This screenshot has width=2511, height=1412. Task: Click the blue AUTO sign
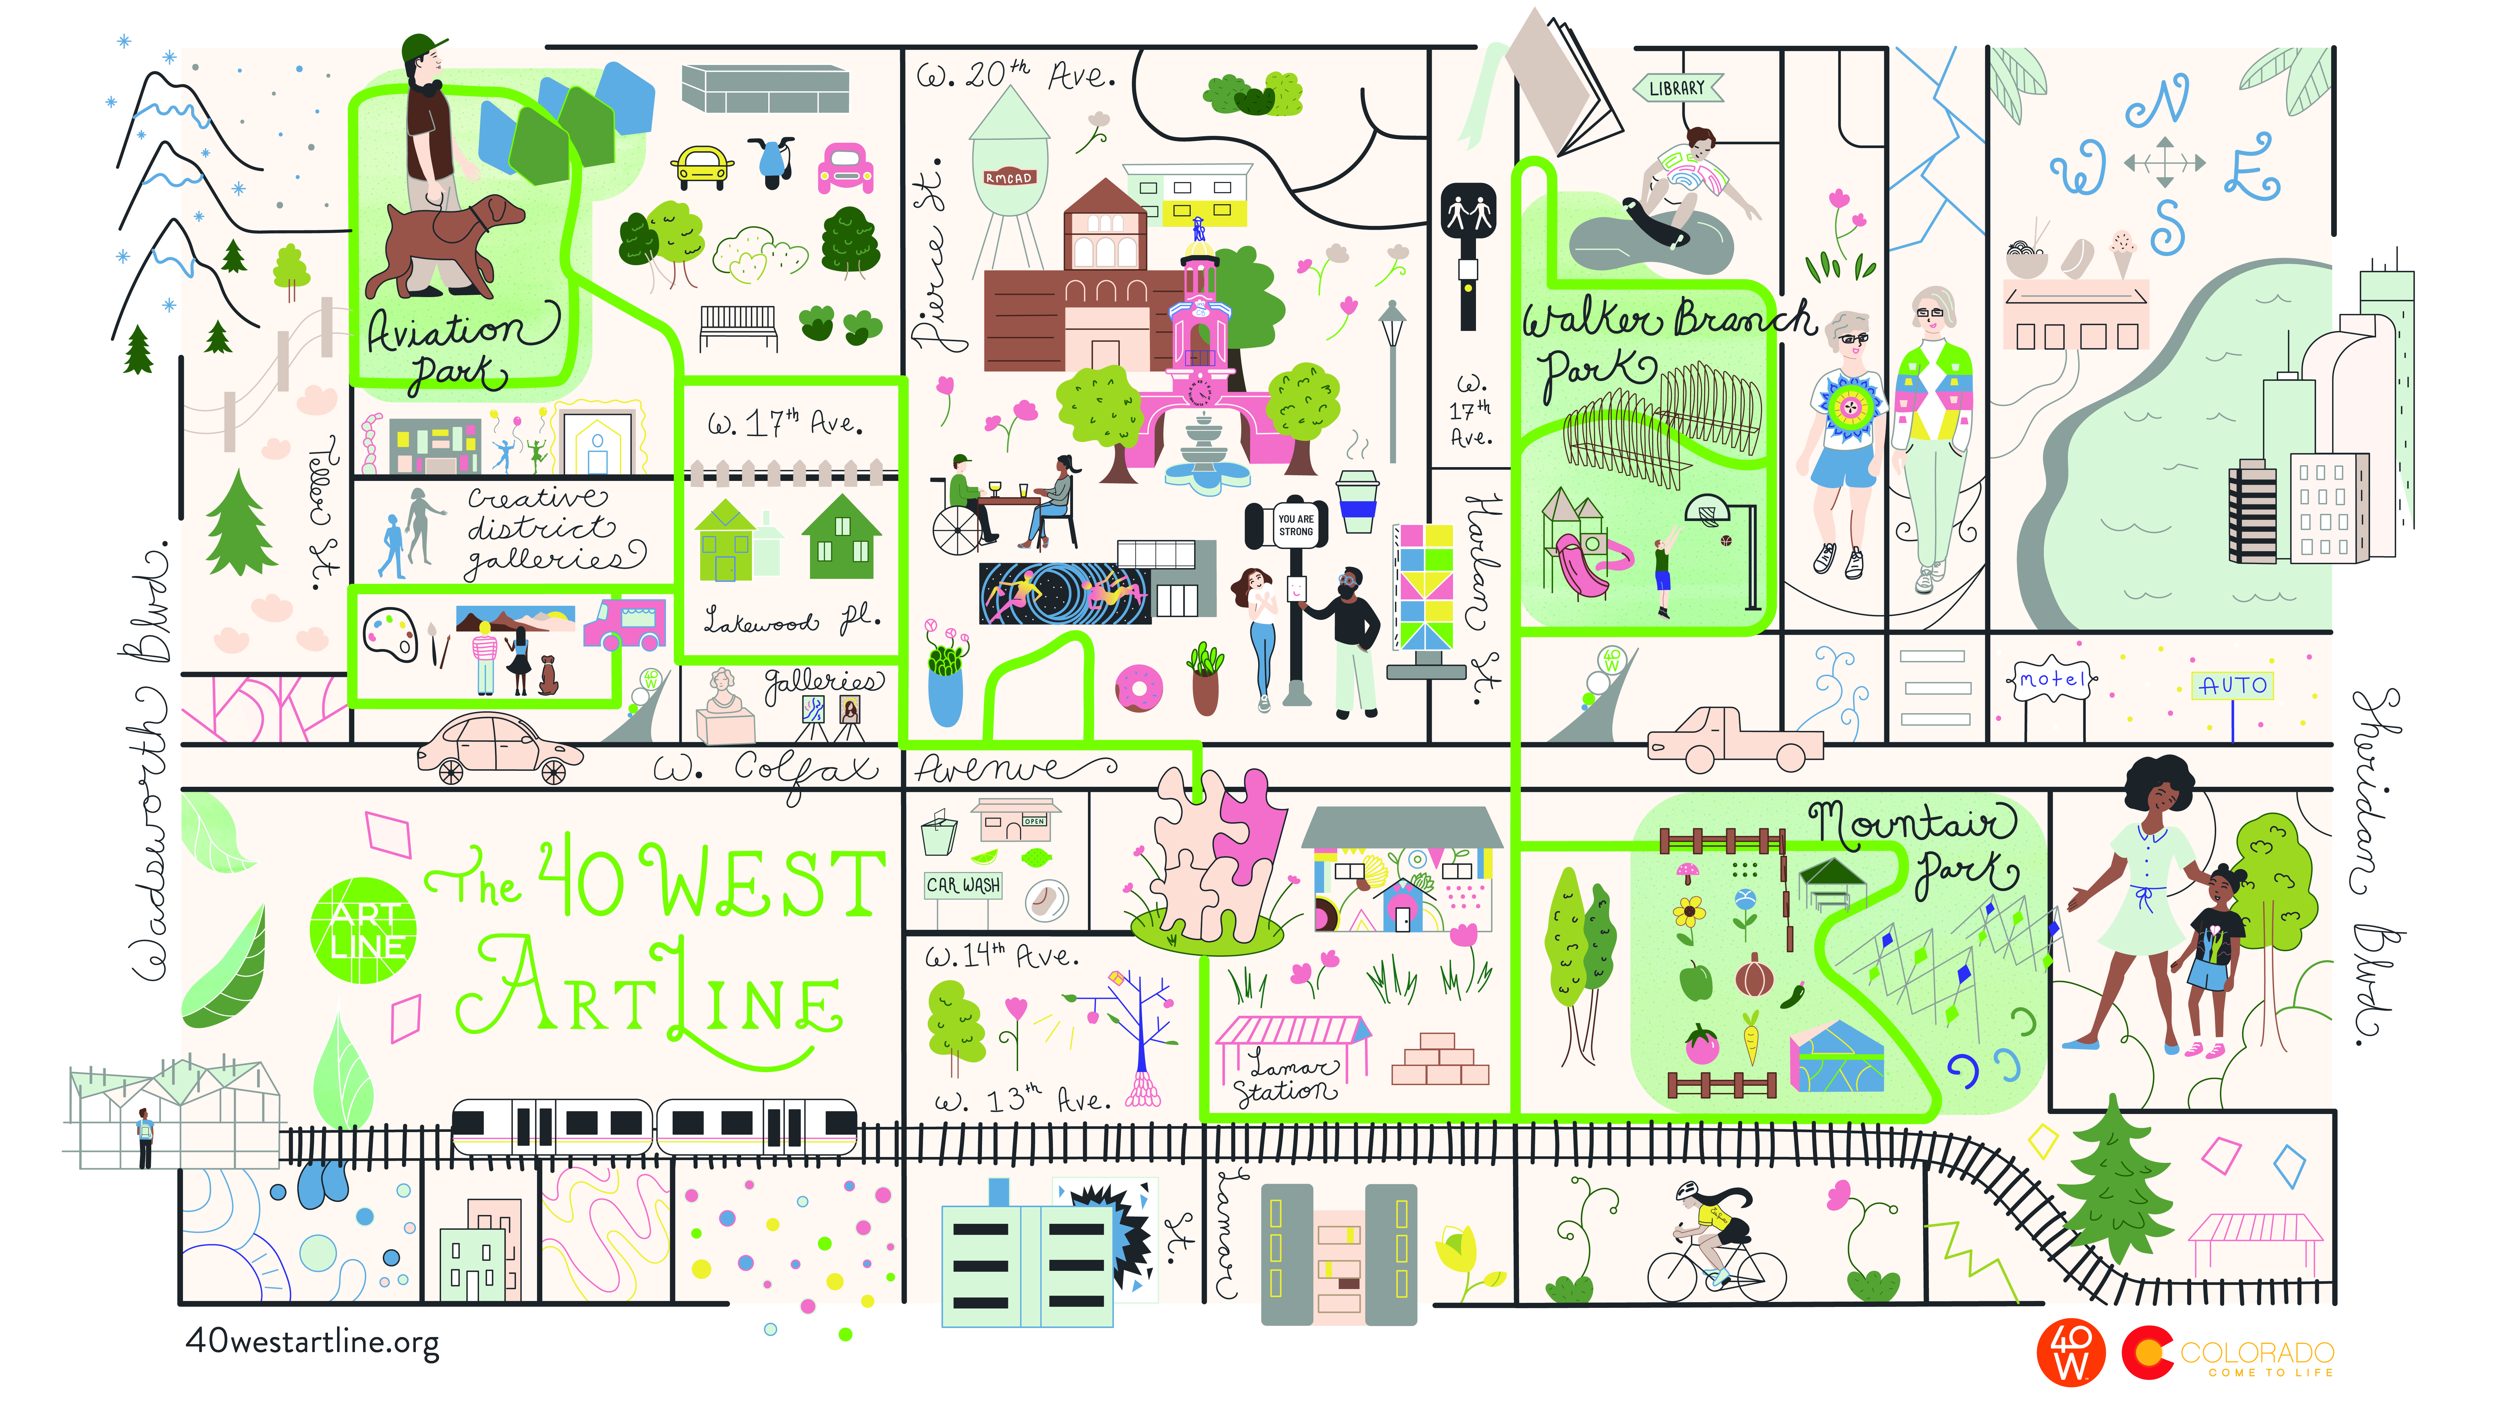click(2232, 686)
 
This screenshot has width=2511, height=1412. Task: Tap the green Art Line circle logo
click(362, 930)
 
